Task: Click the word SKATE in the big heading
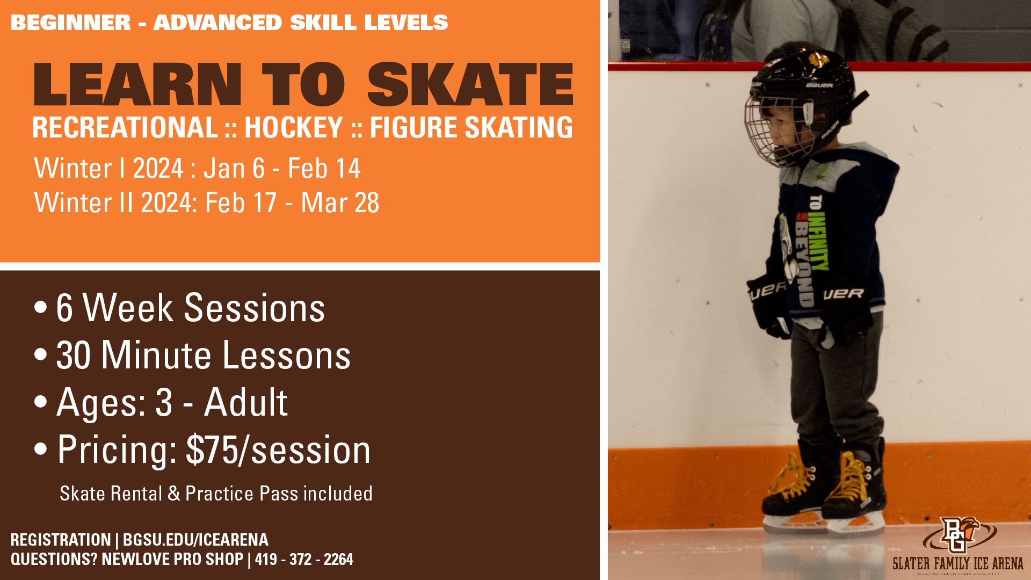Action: pyautogui.click(x=470, y=84)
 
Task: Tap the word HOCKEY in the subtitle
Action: pyautogui.click(x=294, y=128)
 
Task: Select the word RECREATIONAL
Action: pyautogui.click(x=125, y=128)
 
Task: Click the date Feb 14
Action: pyautogui.click(x=324, y=169)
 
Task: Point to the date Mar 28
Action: pyautogui.click(x=340, y=203)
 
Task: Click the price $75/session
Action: pyautogui.click(x=278, y=450)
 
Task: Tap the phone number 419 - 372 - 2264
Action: pyautogui.click(x=304, y=560)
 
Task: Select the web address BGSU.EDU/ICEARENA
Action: pyautogui.click(x=195, y=540)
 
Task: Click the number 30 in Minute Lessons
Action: pyautogui.click(x=74, y=356)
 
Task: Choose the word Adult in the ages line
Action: pyautogui.click(x=246, y=402)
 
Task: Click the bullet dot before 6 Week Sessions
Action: pyautogui.click(x=40, y=308)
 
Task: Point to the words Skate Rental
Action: pyautogui.click(x=111, y=494)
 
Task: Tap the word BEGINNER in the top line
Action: pyautogui.click(x=71, y=23)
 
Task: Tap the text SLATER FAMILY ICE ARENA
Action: pyautogui.click(x=958, y=563)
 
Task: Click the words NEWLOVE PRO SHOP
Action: pyautogui.click(x=172, y=560)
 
